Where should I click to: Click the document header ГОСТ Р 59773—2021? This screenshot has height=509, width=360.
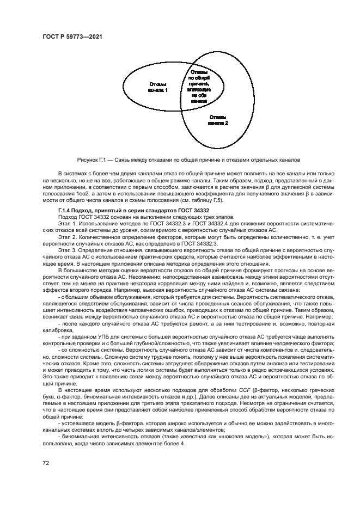click(72, 37)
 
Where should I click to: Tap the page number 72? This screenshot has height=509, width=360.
click(46, 463)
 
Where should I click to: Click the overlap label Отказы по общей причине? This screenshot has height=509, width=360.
click(199, 86)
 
